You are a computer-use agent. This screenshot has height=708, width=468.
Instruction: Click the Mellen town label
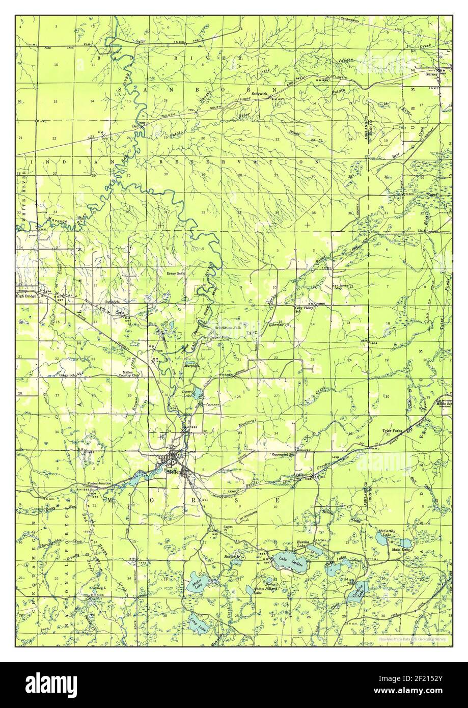(x=173, y=471)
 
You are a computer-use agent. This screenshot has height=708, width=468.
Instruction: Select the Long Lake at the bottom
(x=196, y=624)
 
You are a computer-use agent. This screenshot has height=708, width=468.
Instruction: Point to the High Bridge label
(x=26, y=295)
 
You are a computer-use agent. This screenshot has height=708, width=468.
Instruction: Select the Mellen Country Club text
(x=131, y=374)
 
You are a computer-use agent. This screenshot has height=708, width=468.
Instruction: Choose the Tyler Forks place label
(x=392, y=431)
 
